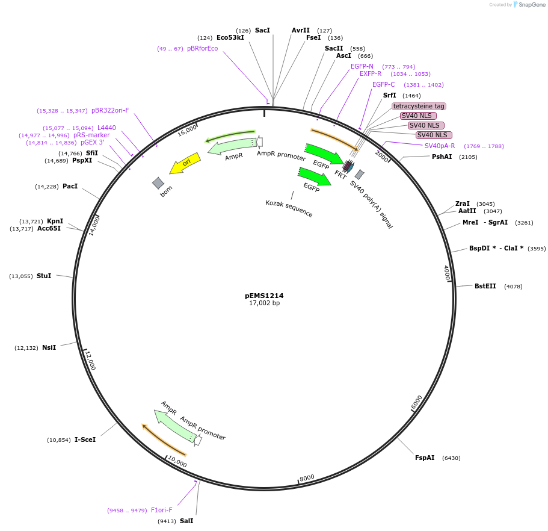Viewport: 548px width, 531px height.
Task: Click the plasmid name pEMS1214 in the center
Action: pos(264,296)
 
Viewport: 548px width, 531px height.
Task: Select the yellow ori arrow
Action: pos(184,163)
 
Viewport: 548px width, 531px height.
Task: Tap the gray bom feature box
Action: pos(158,183)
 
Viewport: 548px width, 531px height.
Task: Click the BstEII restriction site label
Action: pos(485,286)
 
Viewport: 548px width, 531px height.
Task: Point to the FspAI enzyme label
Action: pos(425,458)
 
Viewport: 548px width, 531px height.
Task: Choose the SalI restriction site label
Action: pos(186,521)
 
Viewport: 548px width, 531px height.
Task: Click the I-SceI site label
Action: pos(85,439)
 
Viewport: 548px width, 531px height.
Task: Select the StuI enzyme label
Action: pos(44,276)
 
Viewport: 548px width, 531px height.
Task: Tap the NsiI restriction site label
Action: pos(49,347)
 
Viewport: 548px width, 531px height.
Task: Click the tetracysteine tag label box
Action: pos(419,106)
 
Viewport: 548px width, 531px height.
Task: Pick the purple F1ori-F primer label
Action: pos(161,510)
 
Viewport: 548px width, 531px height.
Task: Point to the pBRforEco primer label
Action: pos(202,48)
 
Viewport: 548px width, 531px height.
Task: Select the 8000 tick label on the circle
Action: pos(307,477)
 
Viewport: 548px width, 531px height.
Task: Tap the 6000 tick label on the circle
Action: pos(417,403)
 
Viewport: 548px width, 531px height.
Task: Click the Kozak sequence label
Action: pos(289,208)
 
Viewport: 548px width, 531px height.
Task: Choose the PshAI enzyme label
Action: pos(442,157)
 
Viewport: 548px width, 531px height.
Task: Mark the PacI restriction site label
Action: pos(70,186)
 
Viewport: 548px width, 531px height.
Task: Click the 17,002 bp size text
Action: pos(264,303)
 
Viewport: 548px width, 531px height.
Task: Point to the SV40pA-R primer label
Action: pos(440,146)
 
